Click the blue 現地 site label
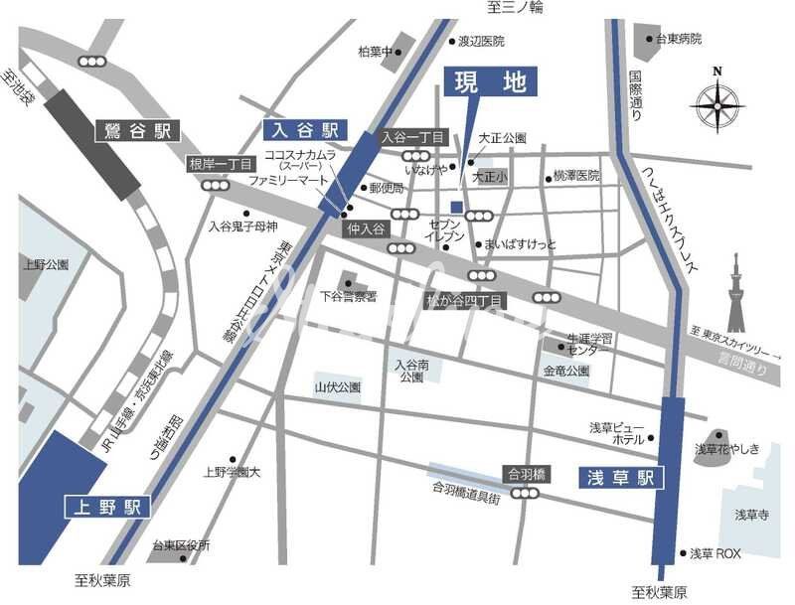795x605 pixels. [x=489, y=82]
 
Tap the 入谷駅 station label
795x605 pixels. [x=303, y=129]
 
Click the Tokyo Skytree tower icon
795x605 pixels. [x=736, y=293]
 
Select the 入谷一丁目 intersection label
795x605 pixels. [x=410, y=137]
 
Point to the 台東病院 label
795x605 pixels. [x=679, y=39]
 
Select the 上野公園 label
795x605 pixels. [x=46, y=265]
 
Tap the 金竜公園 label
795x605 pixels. [x=566, y=371]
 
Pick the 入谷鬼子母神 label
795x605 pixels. [x=242, y=227]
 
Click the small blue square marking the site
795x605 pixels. [x=456, y=207]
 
